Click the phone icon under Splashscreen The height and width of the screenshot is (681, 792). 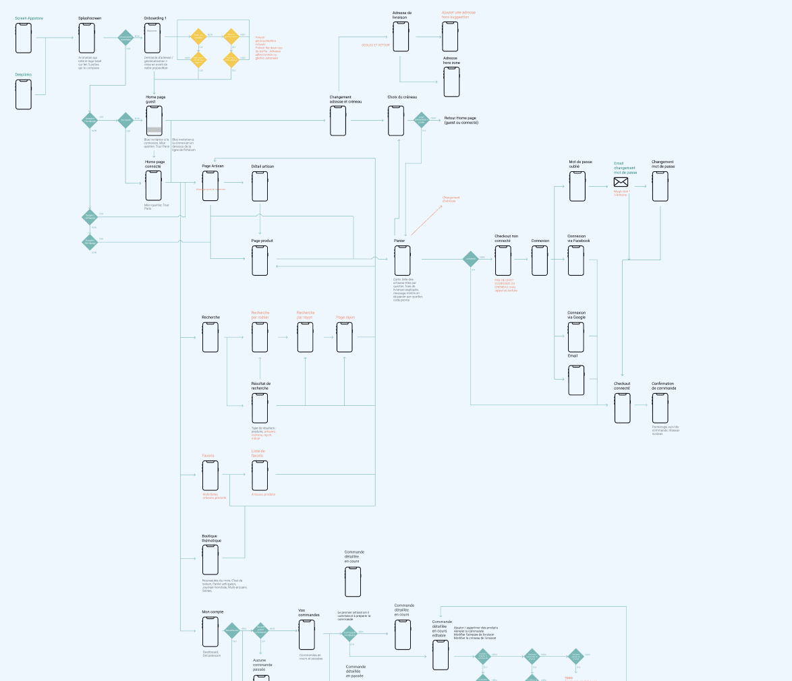pos(86,38)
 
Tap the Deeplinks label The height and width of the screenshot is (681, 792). pos(24,74)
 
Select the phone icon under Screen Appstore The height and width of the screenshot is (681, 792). pos(24,38)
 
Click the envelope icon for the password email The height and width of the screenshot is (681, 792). pos(621,182)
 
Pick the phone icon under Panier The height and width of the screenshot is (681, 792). pos(403,260)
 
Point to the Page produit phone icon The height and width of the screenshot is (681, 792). pos(260,260)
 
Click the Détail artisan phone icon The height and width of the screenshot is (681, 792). pos(260,186)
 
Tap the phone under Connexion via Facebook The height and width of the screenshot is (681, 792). pos(576,260)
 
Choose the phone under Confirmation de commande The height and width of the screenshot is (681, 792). pos(660,408)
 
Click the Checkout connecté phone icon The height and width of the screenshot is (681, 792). pos(623,408)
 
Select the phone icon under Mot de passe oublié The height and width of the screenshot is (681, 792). pos(577,186)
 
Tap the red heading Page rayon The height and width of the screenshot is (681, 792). pos(345,317)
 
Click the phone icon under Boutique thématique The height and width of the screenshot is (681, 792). pos(210,560)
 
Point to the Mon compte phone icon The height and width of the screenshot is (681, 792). pos(210,632)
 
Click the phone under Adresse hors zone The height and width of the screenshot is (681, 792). pos(451,82)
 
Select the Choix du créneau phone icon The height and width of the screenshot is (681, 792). pos(397,121)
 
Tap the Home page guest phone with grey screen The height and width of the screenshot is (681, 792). pos(154,121)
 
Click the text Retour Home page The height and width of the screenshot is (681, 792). pos(461,118)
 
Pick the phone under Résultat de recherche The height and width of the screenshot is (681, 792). pos(260,408)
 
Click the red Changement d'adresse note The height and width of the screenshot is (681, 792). pos(449,200)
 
